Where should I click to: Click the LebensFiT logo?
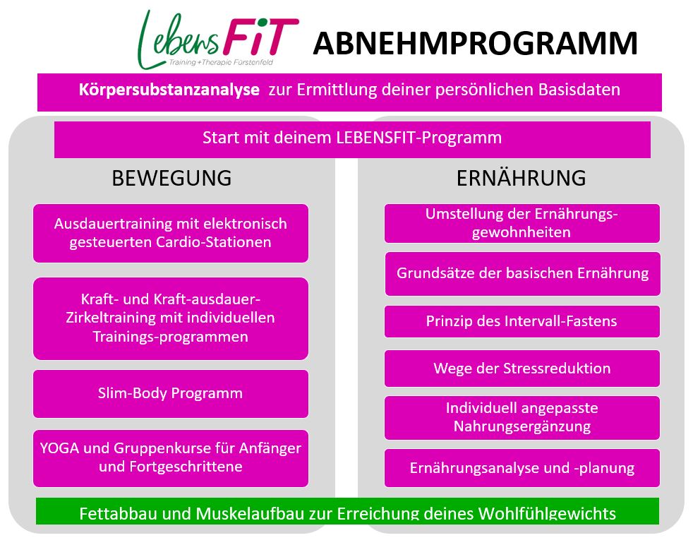click(x=218, y=40)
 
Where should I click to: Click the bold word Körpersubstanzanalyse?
click(x=169, y=90)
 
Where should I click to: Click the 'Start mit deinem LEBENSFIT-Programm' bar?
click(x=352, y=139)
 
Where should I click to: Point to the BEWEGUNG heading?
click(x=171, y=178)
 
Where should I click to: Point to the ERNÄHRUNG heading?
click(x=521, y=178)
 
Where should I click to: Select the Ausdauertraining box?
click(x=171, y=233)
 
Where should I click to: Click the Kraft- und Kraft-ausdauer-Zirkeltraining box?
click(x=171, y=318)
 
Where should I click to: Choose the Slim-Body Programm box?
click(x=171, y=393)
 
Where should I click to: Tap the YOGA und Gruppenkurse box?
click(x=171, y=458)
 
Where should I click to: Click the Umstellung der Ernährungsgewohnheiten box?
click(x=522, y=223)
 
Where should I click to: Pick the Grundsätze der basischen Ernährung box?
click(x=523, y=274)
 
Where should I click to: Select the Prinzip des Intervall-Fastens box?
click(x=522, y=321)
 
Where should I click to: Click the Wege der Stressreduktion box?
click(x=522, y=369)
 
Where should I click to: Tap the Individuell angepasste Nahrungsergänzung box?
click(x=522, y=417)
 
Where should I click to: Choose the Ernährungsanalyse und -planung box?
click(x=522, y=467)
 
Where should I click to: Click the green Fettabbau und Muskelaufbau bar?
click(x=347, y=511)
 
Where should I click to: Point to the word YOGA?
click(x=59, y=448)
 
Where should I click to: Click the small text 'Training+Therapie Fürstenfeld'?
click(x=221, y=62)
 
